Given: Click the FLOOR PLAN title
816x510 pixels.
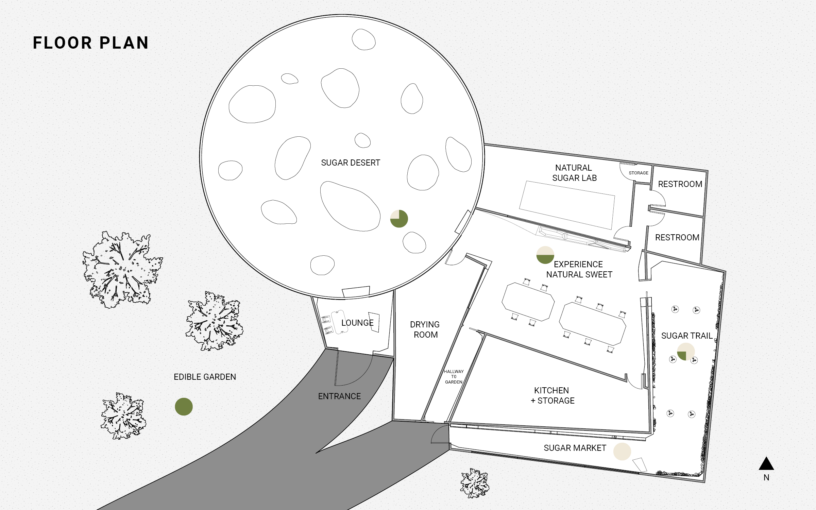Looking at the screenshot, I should (x=91, y=43).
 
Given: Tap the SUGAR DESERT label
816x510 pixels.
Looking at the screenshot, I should (x=351, y=163).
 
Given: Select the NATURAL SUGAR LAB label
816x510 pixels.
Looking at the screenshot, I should (x=574, y=173).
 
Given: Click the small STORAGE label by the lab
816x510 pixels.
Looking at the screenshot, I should (x=639, y=173).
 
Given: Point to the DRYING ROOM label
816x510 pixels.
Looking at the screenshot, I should (x=425, y=329).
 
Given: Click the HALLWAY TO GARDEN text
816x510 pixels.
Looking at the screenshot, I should (x=454, y=377).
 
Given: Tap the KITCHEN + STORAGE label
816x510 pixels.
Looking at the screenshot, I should (x=552, y=395).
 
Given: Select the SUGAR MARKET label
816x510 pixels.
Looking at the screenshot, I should (x=575, y=448).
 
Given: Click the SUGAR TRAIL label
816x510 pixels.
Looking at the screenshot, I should (x=687, y=336).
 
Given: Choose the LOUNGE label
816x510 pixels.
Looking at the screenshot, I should (x=357, y=323).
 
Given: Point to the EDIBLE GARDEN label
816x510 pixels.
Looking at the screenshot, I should (x=205, y=377).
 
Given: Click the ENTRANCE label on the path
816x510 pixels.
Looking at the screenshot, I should (x=339, y=396).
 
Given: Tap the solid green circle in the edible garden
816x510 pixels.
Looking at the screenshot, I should (x=184, y=407).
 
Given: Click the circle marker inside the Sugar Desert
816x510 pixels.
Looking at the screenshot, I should (x=399, y=219).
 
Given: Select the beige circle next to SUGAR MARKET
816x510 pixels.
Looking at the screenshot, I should (x=622, y=452).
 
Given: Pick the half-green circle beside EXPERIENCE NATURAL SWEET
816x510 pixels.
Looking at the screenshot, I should (x=545, y=255).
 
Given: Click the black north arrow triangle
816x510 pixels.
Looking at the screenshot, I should (x=766, y=464).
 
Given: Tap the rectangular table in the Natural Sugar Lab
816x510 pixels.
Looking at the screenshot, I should (x=567, y=205).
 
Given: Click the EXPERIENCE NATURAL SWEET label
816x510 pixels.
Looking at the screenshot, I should (x=579, y=269).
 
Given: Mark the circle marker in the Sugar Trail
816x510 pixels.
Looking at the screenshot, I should (x=686, y=352).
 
